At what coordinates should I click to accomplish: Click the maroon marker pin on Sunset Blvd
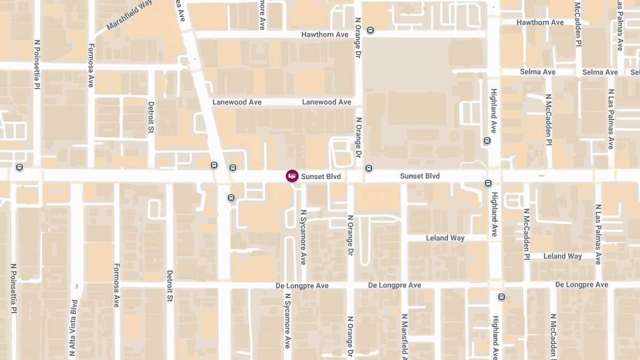click(292, 176)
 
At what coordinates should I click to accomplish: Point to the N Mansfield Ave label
click(404, 335)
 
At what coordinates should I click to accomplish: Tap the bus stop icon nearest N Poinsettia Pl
click(20, 167)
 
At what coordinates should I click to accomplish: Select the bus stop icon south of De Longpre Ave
click(501, 297)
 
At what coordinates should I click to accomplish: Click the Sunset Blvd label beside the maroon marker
click(321, 176)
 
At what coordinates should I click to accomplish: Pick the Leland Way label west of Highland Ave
click(445, 238)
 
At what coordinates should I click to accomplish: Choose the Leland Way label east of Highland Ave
click(562, 256)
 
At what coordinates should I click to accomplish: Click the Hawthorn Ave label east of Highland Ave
click(540, 22)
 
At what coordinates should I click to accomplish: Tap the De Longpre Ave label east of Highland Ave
click(581, 285)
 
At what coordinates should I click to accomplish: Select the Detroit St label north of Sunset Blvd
click(151, 117)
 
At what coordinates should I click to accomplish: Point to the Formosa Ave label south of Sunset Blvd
click(116, 285)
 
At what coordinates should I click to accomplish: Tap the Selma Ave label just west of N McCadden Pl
click(538, 72)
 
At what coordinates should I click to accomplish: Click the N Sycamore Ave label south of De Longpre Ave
click(287, 321)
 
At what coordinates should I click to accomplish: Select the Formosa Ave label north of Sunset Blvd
click(91, 66)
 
